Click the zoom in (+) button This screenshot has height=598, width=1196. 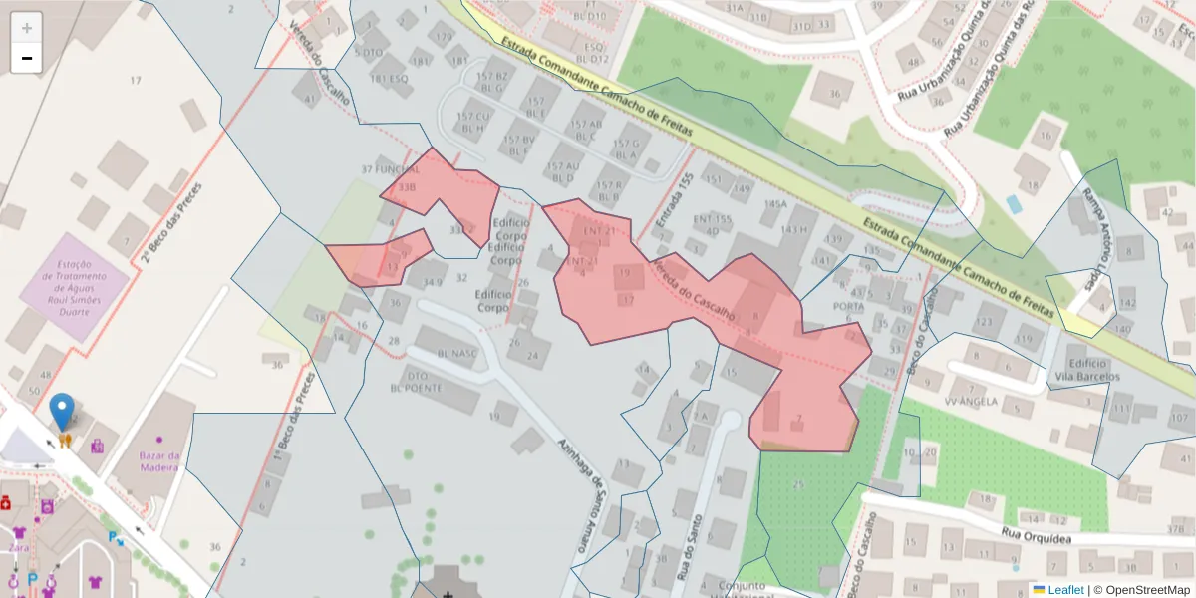(26, 28)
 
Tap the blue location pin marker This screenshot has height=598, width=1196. (62, 411)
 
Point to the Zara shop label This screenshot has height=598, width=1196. (18, 547)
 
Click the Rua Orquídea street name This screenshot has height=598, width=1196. (1036, 536)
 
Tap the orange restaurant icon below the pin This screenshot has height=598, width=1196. (65, 440)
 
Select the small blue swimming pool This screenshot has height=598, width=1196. (1014, 204)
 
